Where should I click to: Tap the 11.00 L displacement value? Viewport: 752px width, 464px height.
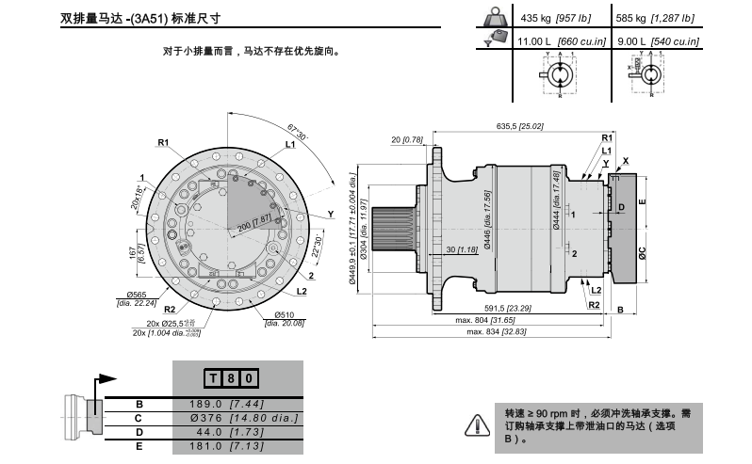(552, 42)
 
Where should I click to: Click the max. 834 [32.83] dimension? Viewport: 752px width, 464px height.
(497, 332)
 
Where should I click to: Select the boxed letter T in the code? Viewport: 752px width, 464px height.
(214, 378)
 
